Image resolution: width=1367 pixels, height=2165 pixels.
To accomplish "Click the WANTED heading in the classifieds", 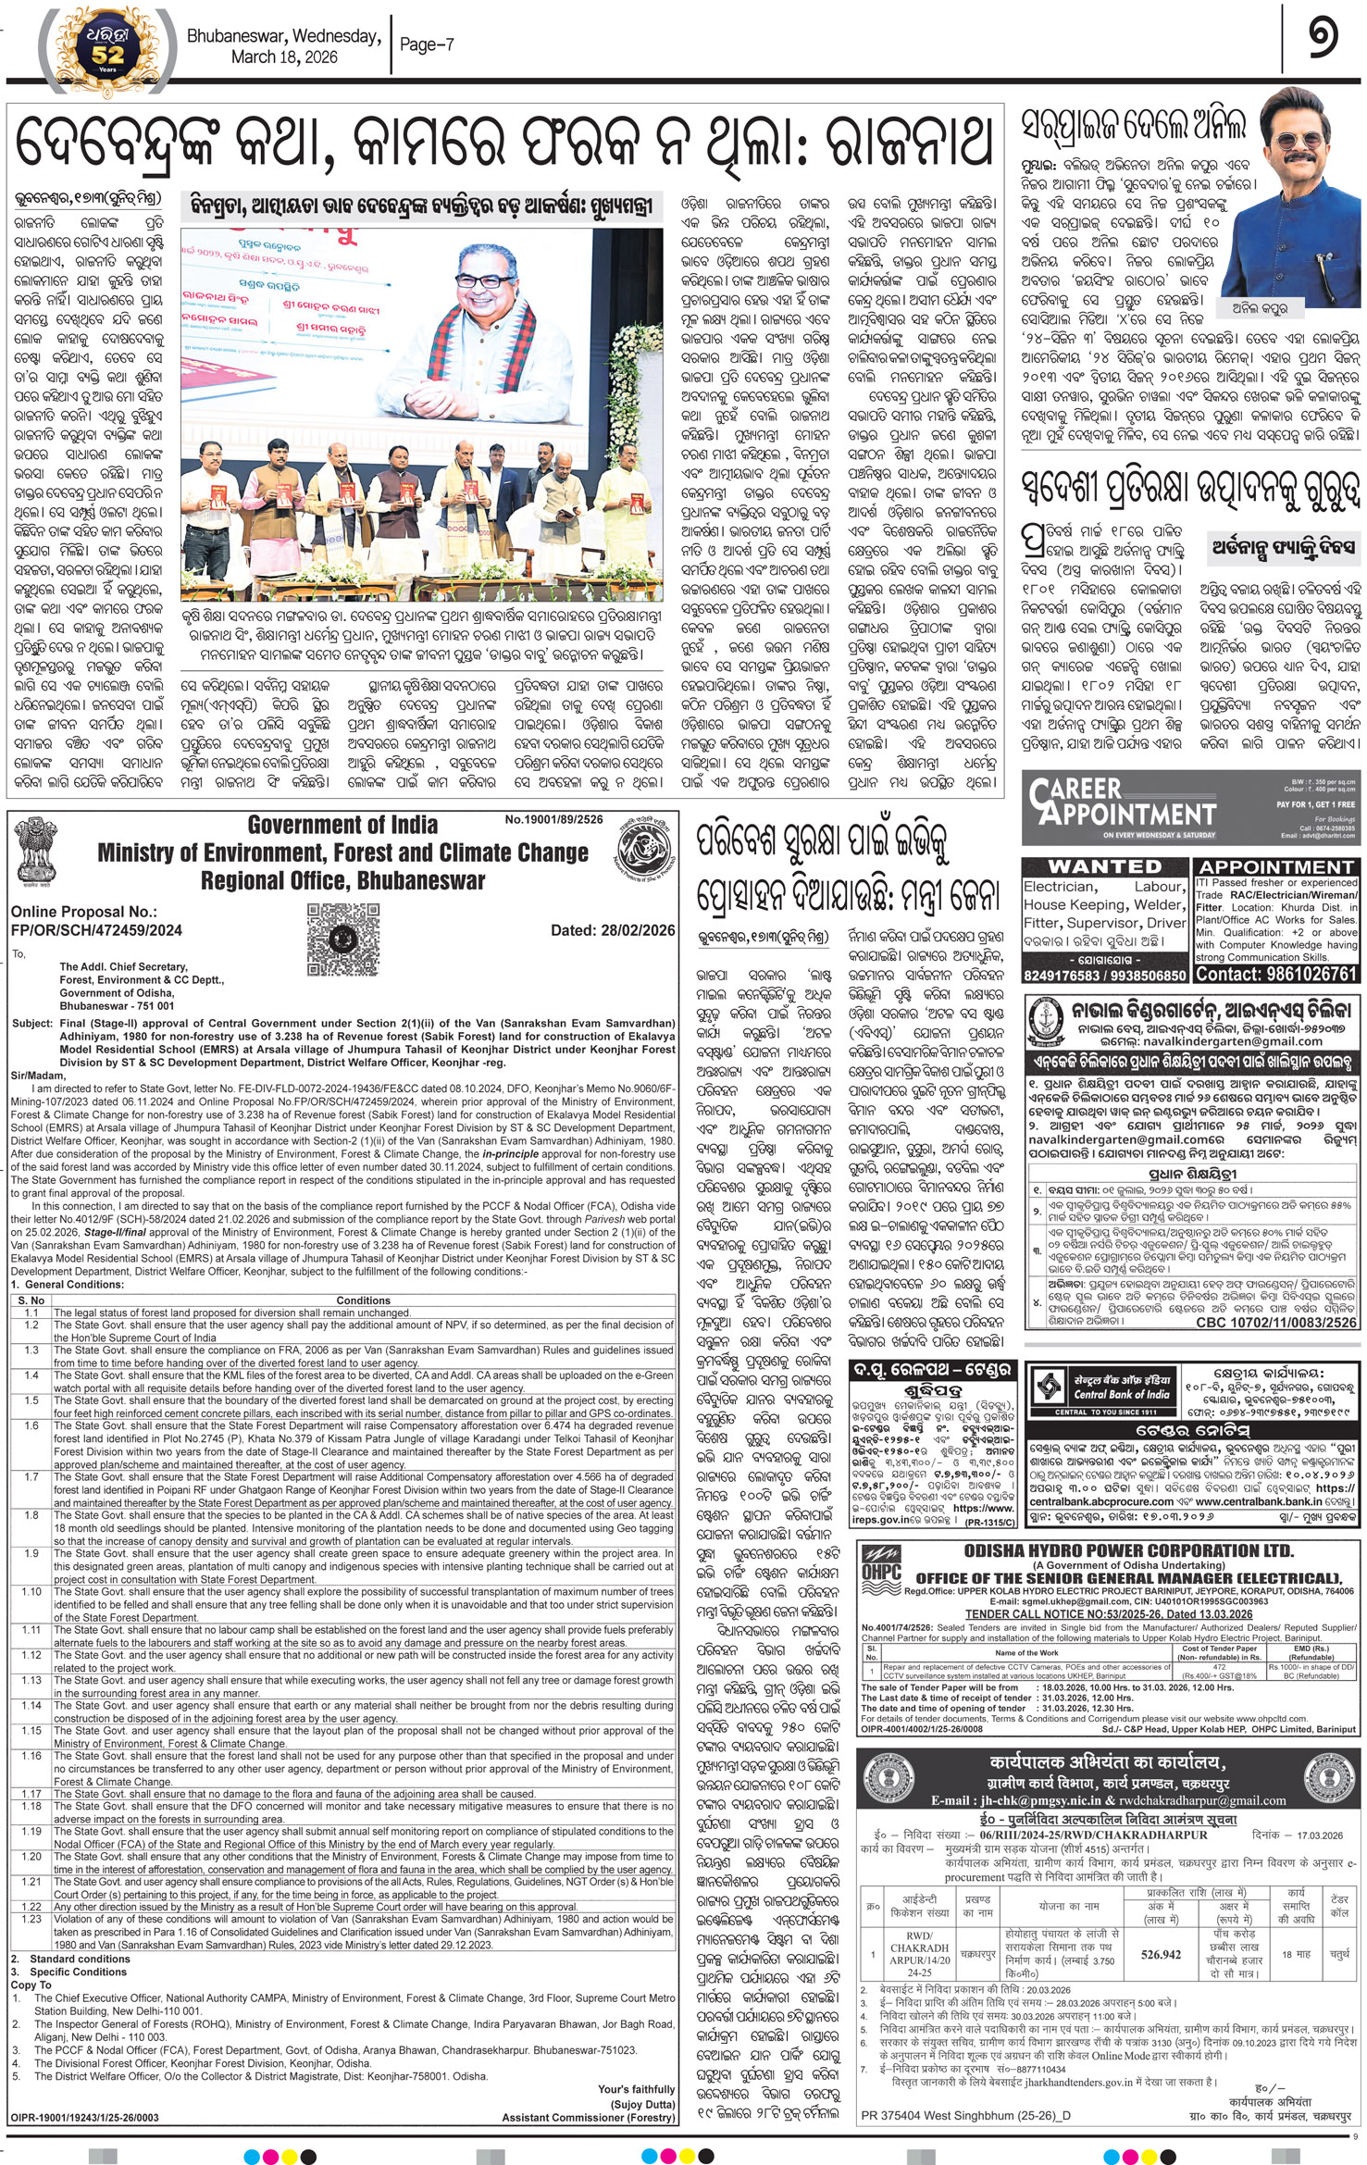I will (x=1104, y=866).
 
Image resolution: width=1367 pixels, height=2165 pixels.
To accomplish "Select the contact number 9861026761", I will (x=1276, y=974).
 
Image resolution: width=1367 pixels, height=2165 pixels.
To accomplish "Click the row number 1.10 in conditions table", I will (x=31, y=1592).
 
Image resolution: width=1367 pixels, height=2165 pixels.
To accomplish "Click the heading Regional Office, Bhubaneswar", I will (x=342, y=880).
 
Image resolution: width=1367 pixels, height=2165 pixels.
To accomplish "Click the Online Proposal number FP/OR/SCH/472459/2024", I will (x=96, y=930).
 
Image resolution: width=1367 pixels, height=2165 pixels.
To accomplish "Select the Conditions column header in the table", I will (x=363, y=1300).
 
